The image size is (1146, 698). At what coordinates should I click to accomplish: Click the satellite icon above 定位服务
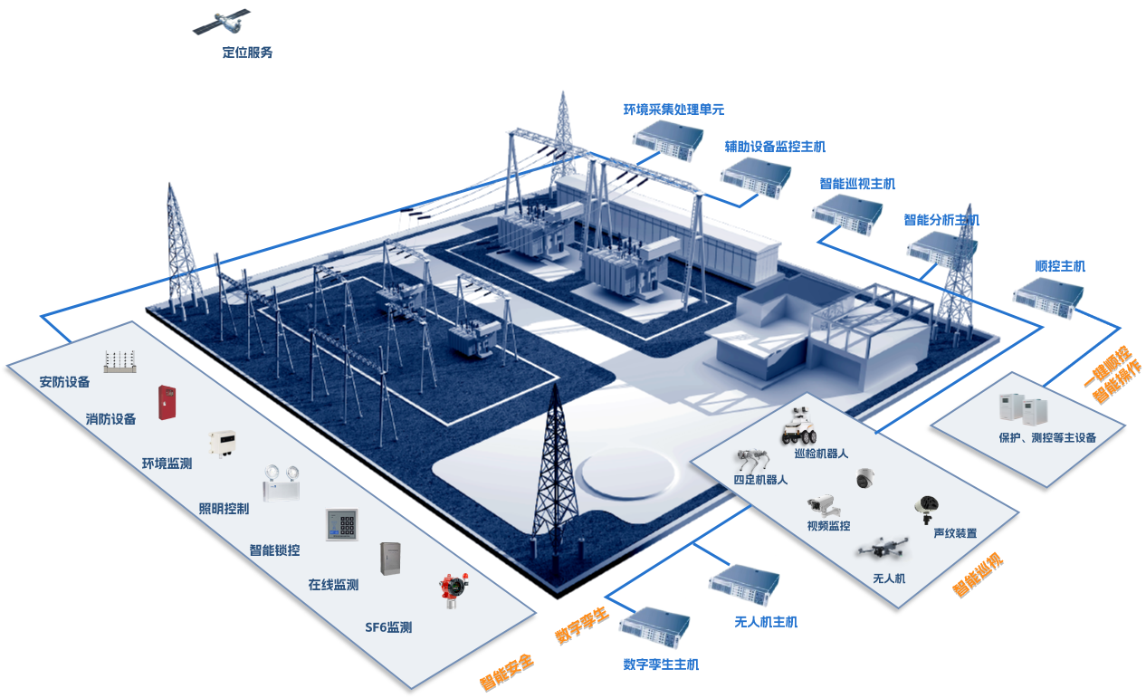point(220,22)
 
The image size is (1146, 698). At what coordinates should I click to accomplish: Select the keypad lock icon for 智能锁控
point(342,524)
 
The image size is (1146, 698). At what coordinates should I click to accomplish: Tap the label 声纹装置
point(955,533)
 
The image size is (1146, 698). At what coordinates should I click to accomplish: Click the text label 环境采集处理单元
point(673,110)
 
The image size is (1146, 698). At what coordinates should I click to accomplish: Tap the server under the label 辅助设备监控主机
point(756,176)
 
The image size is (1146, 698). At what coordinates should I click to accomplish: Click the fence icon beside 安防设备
point(119,361)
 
